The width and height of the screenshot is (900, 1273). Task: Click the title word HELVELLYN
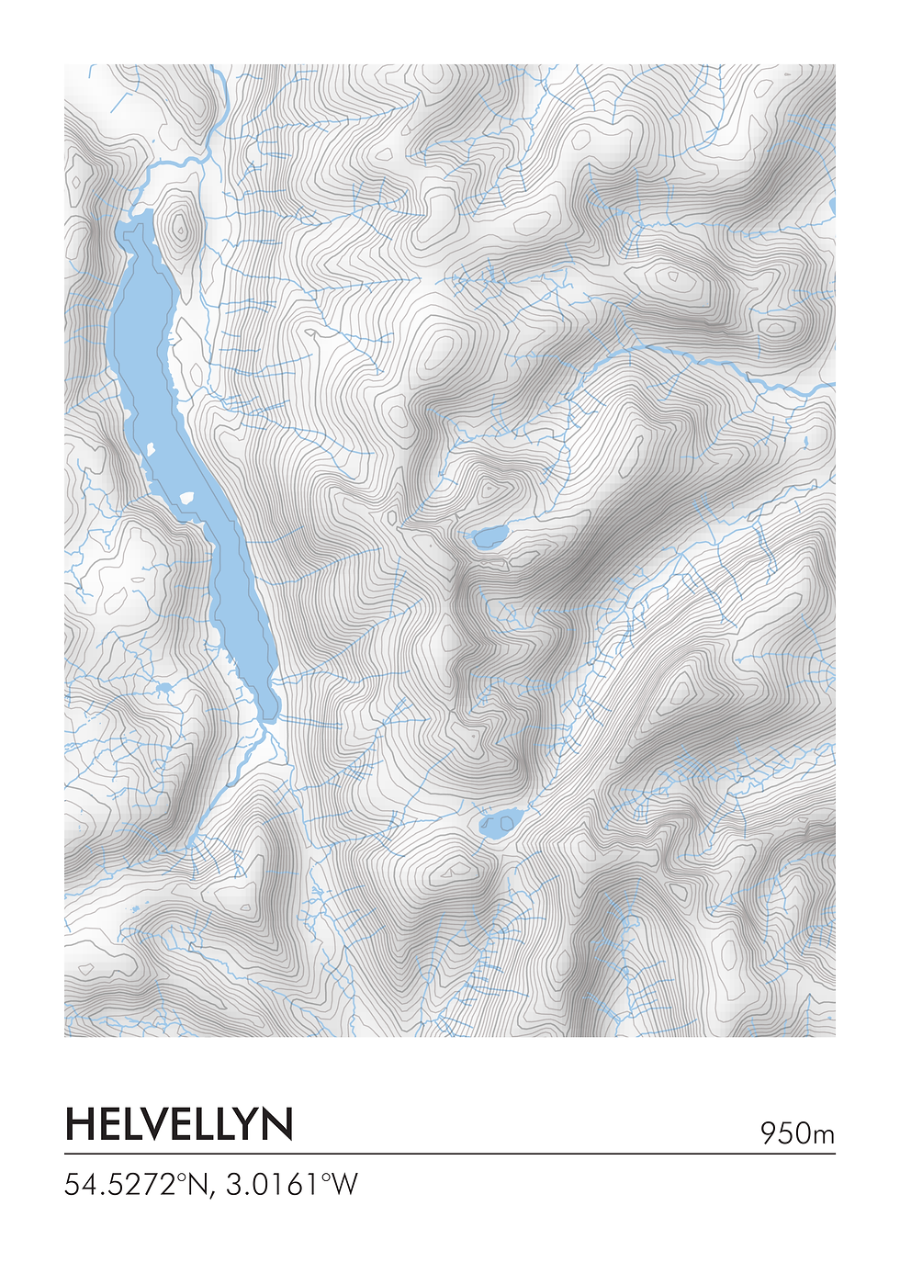click(x=179, y=1124)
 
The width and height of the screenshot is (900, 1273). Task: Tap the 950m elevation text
click(x=796, y=1133)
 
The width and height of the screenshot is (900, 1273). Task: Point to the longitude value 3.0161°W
click(x=291, y=1184)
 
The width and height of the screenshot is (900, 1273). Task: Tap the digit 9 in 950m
click(x=769, y=1133)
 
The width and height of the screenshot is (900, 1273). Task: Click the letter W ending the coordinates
click(x=343, y=1184)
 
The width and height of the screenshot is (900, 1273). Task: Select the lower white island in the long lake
click(x=187, y=498)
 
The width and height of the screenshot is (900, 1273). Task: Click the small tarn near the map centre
click(x=489, y=536)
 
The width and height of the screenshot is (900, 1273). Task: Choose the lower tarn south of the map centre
click(x=501, y=823)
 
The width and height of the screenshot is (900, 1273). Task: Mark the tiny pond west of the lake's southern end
click(x=164, y=687)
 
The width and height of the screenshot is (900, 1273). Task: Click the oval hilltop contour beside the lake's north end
click(x=180, y=227)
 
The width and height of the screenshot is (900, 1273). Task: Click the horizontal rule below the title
click(x=450, y=1154)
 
